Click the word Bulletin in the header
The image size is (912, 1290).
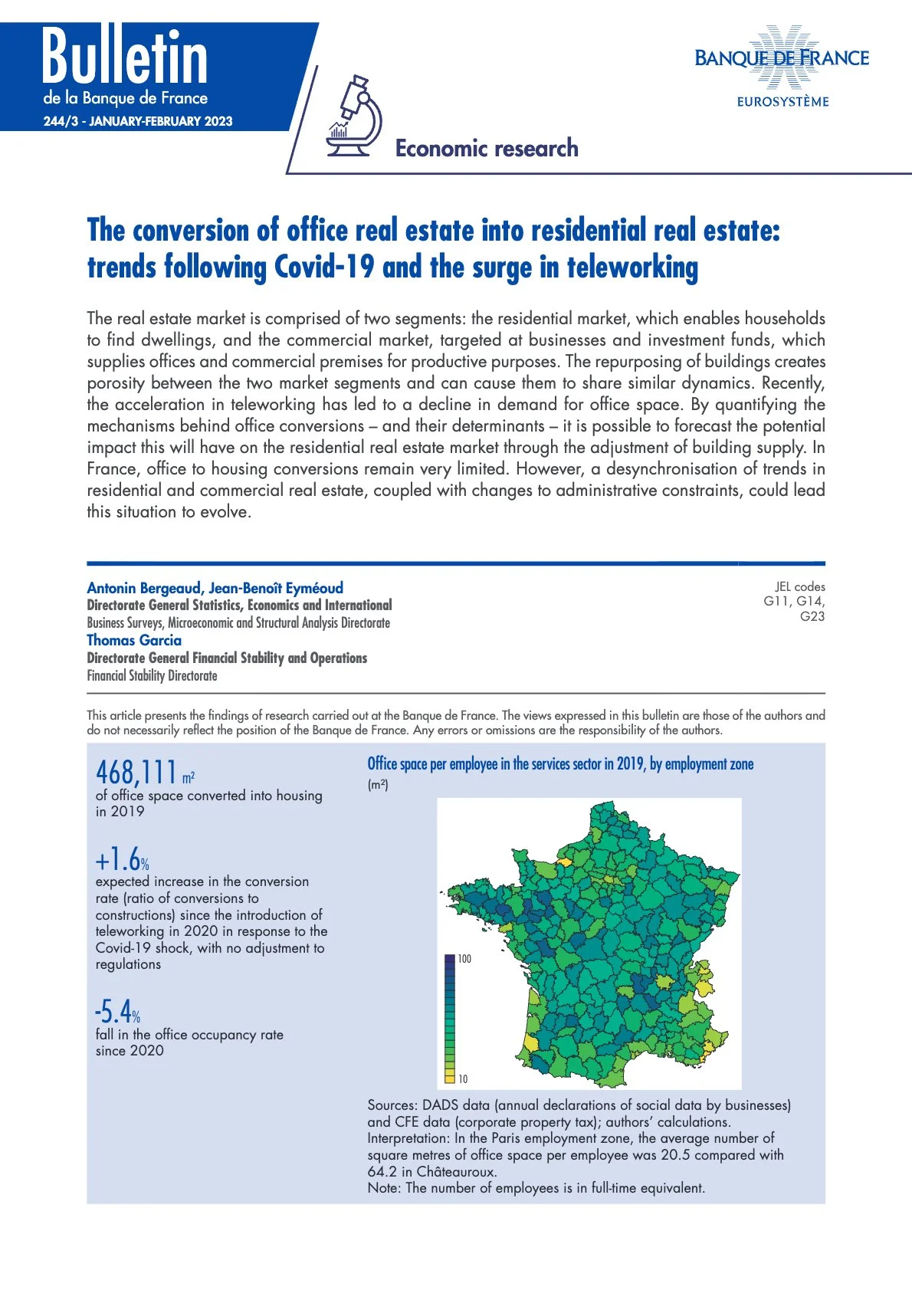pyautogui.click(x=125, y=58)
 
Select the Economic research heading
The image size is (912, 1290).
pyautogui.click(x=487, y=148)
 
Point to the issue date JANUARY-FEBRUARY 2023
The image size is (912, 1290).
pyautogui.click(x=161, y=121)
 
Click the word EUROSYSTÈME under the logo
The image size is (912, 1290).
pyautogui.click(x=782, y=102)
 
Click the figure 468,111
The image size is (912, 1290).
pyautogui.click(x=136, y=772)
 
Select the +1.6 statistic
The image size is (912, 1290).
pyautogui.click(x=119, y=859)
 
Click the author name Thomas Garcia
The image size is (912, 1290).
pyautogui.click(x=134, y=640)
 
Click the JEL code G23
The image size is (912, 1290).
pyautogui.click(x=812, y=616)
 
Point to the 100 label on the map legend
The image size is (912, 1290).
pyautogui.click(x=464, y=959)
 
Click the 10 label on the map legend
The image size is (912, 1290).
pyautogui.click(x=463, y=1079)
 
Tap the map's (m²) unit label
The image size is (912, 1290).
pyautogui.click(x=378, y=784)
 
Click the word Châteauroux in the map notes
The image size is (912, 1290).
pyautogui.click(x=456, y=1171)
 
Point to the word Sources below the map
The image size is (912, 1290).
pyautogui.click(x=390, y=1105)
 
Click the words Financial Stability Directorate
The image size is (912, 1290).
pyautogui.click(x=152, y=675)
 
